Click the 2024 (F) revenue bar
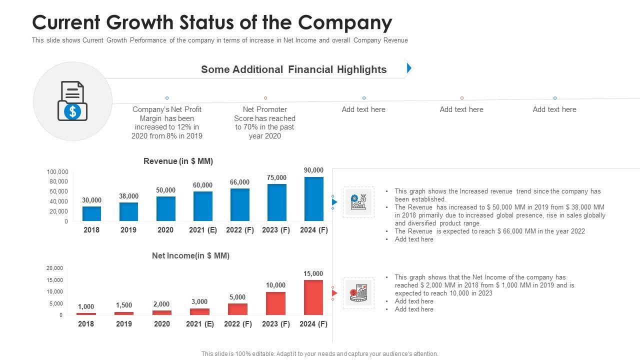[313, 199]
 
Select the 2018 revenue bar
[91, 213]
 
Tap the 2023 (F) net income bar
[275, 303]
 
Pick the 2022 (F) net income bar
[237, 309]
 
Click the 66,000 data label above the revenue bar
[239, 182]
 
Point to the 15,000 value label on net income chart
[313, 274]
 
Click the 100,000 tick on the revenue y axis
[57, 172]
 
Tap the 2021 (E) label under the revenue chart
[202, 230]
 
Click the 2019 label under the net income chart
[124, 324]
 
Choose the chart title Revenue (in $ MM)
[178, 161]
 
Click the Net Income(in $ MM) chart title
[190, 255]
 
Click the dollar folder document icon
[72, 101]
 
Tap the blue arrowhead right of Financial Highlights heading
[409, 68]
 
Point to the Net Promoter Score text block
[264, 122]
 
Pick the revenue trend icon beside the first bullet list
[358, 202]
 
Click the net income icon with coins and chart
[358, 293]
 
